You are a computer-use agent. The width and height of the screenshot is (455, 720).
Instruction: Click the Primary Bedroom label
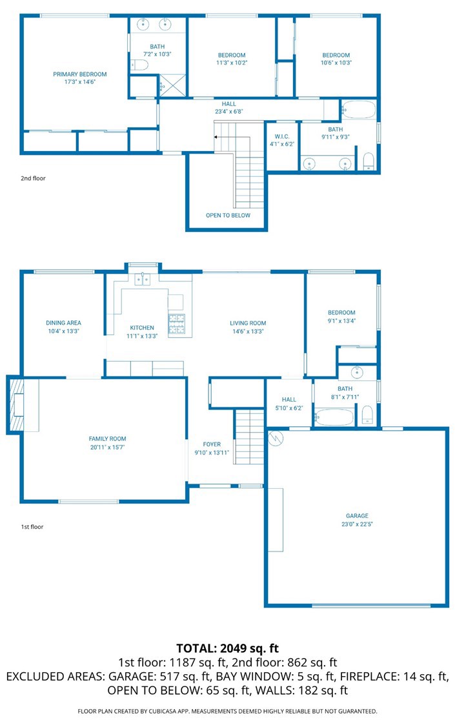point(80,74)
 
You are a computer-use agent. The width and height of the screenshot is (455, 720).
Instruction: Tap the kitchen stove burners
point(177,324)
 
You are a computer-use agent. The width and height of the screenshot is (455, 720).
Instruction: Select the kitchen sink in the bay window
point(143,279)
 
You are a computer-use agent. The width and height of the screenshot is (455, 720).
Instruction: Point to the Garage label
point(357,516)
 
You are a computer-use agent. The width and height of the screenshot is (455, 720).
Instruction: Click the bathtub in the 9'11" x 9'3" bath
point(359,110)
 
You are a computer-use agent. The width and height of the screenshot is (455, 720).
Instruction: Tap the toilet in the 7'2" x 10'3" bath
point(139,65)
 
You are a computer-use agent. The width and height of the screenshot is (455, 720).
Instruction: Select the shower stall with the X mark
point(172,86)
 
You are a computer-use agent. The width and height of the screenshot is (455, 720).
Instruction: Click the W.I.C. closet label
point(282,136)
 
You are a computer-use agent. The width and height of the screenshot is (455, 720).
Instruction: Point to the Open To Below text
point(228,216)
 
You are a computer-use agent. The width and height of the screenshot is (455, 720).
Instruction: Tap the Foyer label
point(212,444)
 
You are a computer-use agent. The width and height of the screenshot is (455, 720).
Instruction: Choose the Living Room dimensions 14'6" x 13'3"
point(248,331)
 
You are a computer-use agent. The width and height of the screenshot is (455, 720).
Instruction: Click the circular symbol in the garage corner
point(276,438)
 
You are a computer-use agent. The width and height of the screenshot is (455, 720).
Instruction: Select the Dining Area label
point(63,323)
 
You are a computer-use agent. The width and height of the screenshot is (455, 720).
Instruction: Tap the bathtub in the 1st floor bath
point(334,417)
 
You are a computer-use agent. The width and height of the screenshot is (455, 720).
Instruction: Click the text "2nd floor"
point(33,178)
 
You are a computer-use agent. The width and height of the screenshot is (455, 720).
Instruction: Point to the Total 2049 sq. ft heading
point(228,648)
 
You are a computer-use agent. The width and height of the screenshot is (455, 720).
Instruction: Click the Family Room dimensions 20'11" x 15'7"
point(107,447)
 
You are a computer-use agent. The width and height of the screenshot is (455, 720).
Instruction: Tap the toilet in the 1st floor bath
point(367,414)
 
